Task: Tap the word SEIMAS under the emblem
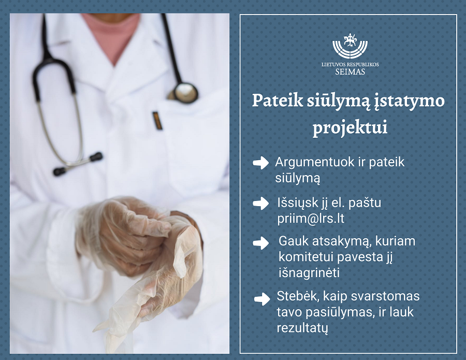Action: (x=350, y=71)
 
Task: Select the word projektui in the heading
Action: (x=350, y=128)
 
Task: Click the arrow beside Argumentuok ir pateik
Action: (x=260, y=163)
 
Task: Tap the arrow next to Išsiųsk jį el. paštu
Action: (x=260, y=204)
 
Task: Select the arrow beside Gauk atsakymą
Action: (x=260, y=243)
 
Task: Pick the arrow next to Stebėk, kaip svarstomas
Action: (x=262, y=299)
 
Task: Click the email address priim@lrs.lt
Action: (x=311, y=219)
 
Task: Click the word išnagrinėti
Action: (x=309, y=273)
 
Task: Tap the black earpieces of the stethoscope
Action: (x=78, y=164)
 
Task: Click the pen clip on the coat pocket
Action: (x=157, y=120)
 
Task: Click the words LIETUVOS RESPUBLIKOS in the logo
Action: (x=350, y=64)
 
